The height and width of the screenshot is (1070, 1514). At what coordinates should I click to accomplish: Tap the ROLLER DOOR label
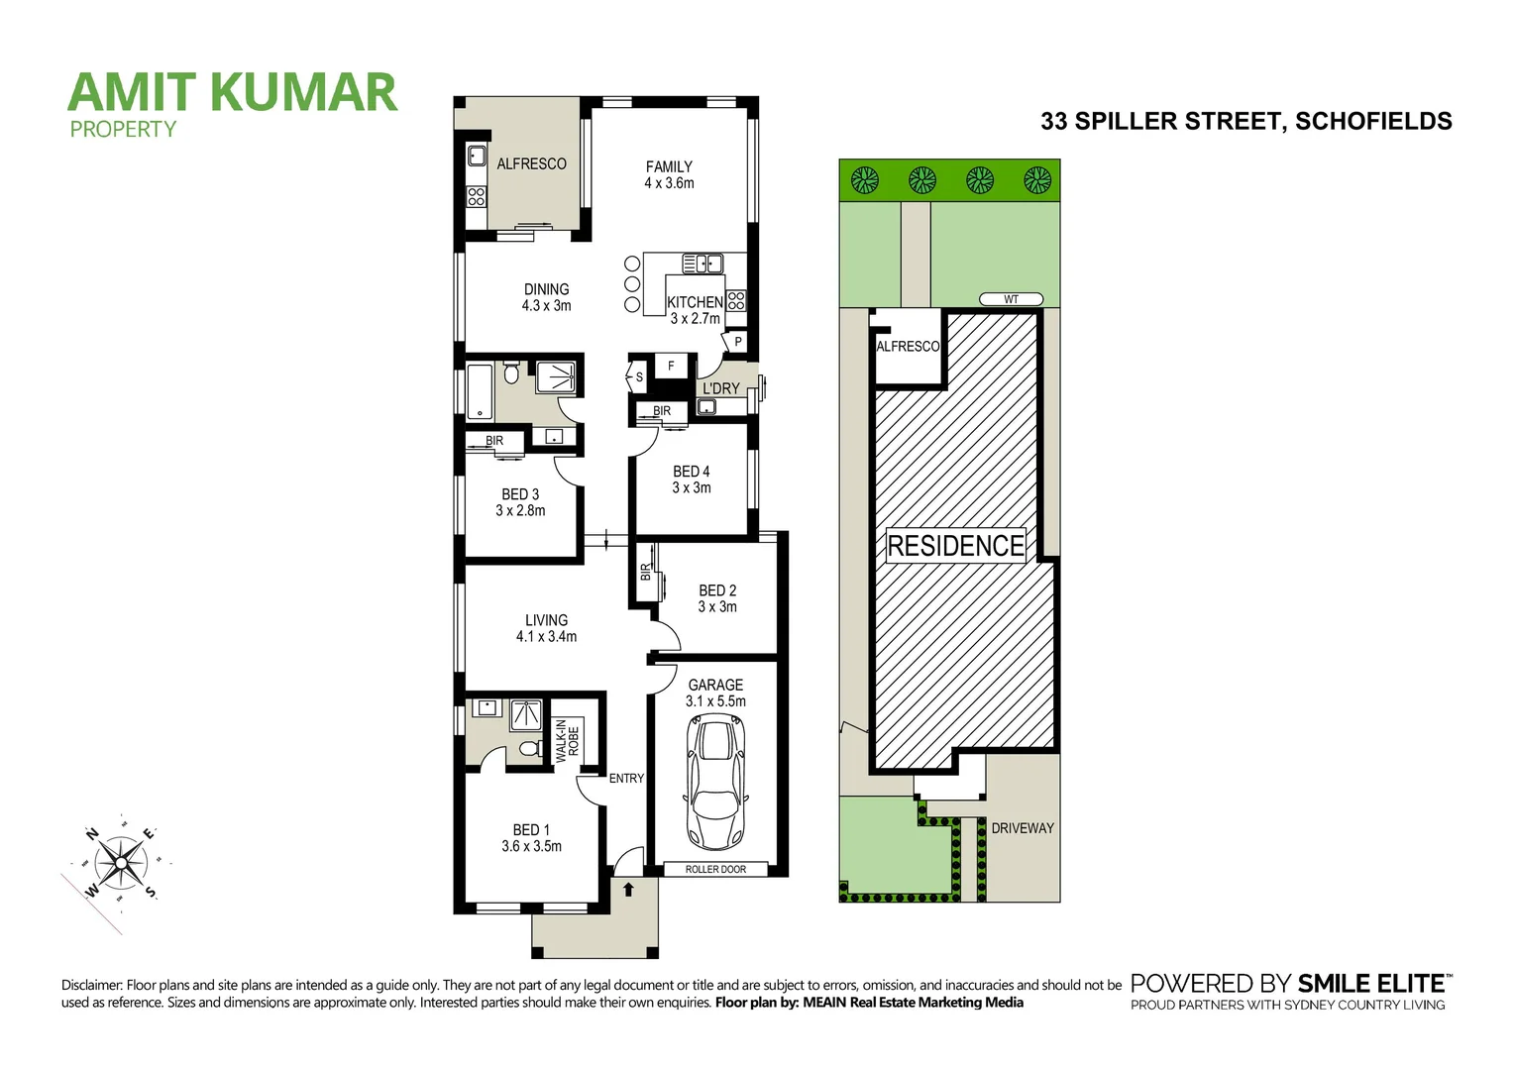pyautogui.click(x=715, y=870)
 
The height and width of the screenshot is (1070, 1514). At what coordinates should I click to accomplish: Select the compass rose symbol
pyautogui.click(x=121, y=863)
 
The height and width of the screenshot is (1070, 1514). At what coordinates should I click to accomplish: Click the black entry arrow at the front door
pyautogui.click(x=628, y=889)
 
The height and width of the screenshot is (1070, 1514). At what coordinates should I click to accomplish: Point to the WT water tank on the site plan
pyautogui.click(x=1011, y=299)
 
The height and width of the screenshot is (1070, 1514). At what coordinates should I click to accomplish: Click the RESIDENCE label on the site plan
pyautogui.click(x=955, y=546)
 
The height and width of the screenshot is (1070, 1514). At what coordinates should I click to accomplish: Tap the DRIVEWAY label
pyautogui.click(x=1023, y=828)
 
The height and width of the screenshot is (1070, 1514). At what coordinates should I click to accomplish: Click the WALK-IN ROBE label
pyautogui.click(x=567, y=740)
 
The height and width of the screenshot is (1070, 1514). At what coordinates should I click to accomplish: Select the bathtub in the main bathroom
pyautogui.click(x=480, y=391)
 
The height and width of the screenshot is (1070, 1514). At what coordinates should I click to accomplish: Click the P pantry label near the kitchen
pyautogui.click(x=738, y=342)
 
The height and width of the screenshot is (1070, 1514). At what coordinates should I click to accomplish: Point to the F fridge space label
pyautogui.click(x=671, y=366)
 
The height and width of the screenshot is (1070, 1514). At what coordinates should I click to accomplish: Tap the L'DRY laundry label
pyautogui.click(x=721, y=388)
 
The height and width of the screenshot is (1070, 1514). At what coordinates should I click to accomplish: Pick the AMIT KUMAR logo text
pyautogui.click(x=233, y=92)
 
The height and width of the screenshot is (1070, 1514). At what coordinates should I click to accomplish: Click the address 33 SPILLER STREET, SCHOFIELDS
pyautogui.click(x=1245, y=121)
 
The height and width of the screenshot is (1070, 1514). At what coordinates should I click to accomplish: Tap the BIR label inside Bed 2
pyautogui.click(x=646, y=572)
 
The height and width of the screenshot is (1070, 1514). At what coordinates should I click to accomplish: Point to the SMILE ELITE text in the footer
pyautogui.click(x=1371, y=984)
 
